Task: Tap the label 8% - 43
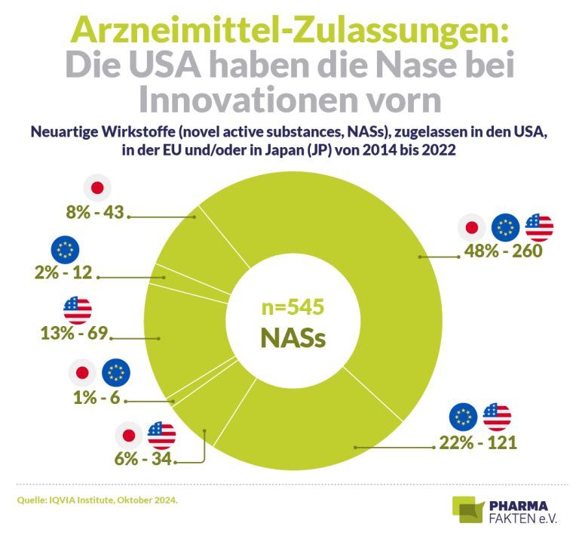(x=94, y=213)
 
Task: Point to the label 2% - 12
(x=63, y=273)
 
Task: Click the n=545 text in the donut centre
(x=293, y=307)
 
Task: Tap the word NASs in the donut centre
(x=293, y=337)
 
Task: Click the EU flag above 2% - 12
(x=63, y=248)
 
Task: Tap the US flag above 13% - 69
(x=78, y=309)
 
